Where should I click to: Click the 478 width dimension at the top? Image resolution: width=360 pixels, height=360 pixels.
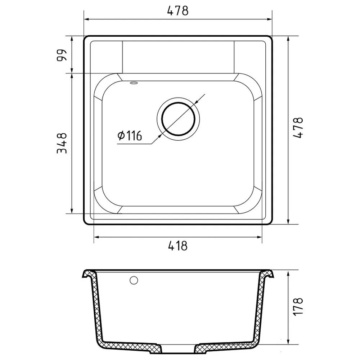(x=178, y=10)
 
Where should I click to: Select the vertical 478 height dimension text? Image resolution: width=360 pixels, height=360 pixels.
(x=298, y=128)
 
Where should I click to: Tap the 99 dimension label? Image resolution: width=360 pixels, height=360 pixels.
(x=62, y=55)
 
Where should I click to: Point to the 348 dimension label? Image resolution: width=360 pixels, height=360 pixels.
(x=62, y=143)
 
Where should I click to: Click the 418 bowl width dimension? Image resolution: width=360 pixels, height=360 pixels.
(x=178, y=246)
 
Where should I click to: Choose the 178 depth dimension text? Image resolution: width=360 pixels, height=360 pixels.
(x=298, y=306)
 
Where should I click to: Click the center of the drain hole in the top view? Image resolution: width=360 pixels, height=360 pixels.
(x=179, y=119)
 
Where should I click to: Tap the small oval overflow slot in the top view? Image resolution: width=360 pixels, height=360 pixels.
(x=134, y=83)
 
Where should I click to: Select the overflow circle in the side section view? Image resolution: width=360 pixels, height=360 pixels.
(x=134, y=280)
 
